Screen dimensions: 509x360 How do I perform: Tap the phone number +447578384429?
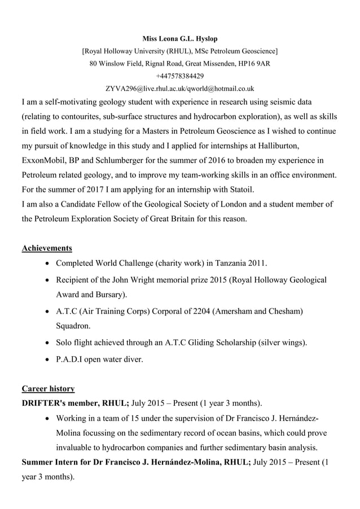(x=180, y=76)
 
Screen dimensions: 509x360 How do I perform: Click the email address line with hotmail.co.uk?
(x=180, y=89)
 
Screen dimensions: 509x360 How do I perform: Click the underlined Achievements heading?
(x=46, y=248)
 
